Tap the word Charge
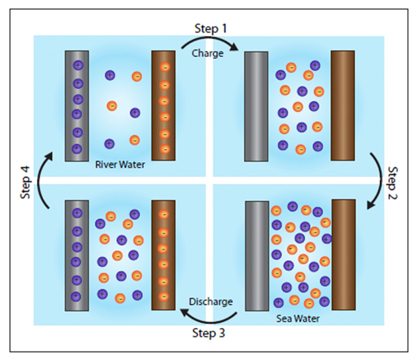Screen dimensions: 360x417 tap(208, 51)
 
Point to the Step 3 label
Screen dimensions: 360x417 tap(208, 333)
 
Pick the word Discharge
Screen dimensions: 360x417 tap(211, 302)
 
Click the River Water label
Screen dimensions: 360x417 tap(119, 165)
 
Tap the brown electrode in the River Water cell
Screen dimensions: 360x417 tap(164, 106)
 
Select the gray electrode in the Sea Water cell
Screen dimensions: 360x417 tap(256, 256)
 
